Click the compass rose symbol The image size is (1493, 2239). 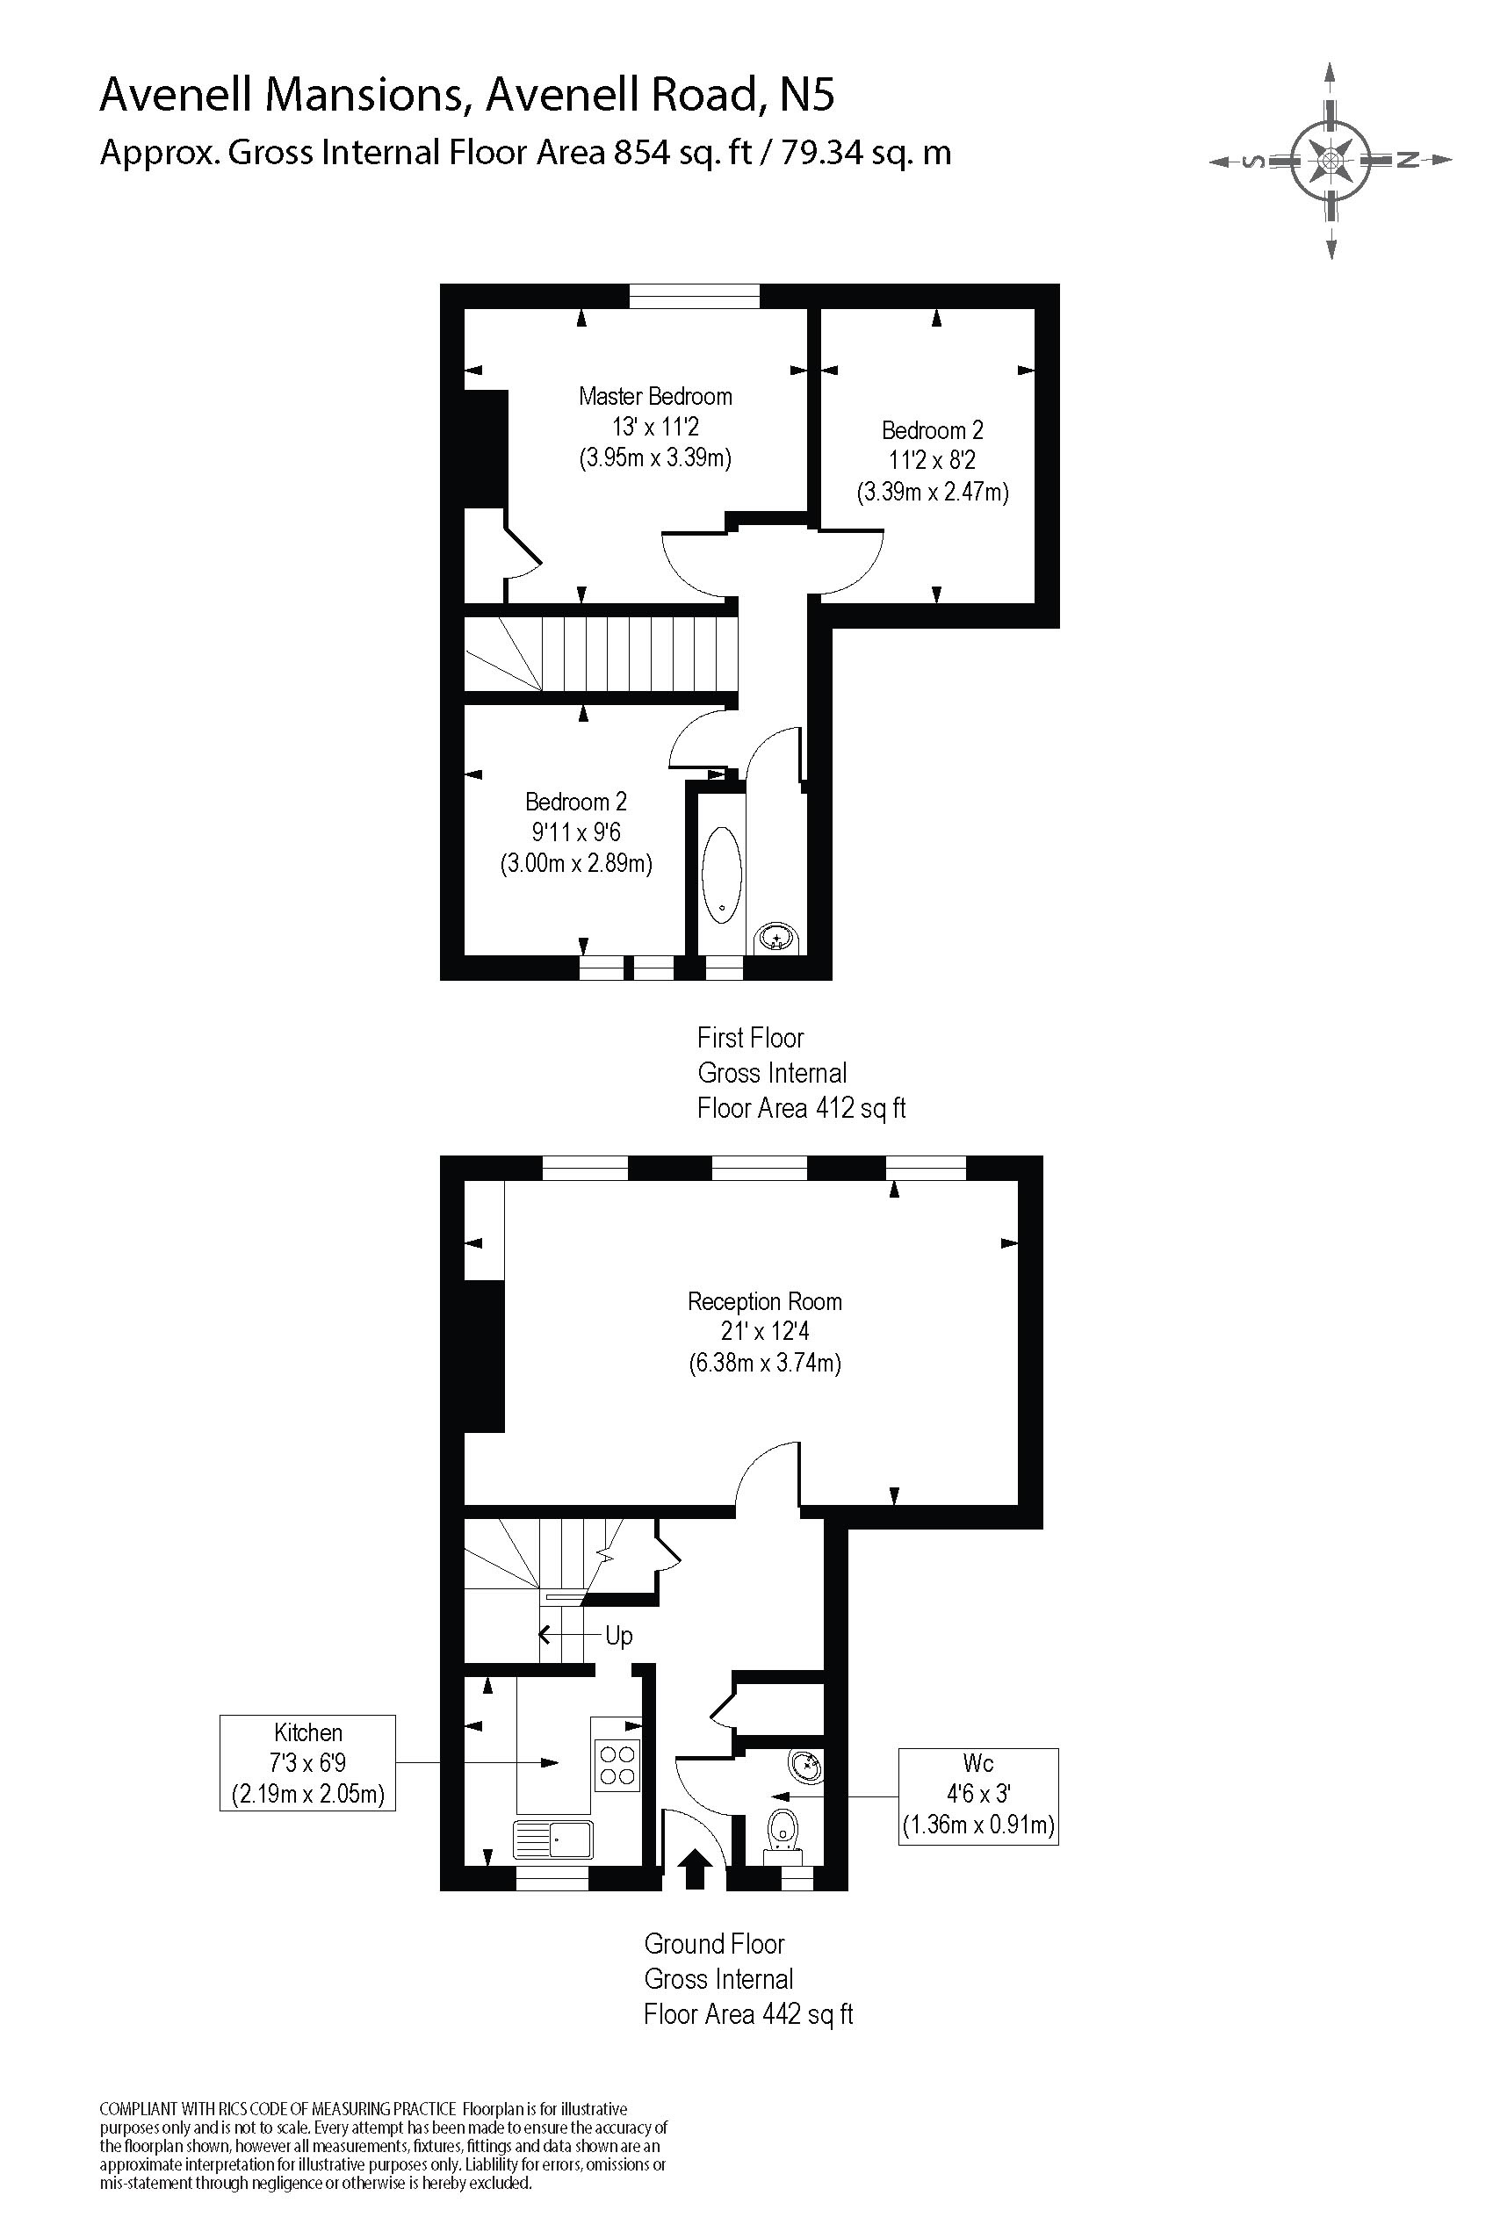pyautogui.click(x=1331, y=160)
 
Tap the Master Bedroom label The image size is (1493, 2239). pyautogui.click(x=655, y=396)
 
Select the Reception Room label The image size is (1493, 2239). pyautogui.click(x=765, y=1301)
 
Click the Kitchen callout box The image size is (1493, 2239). pyautogui.click(x=307, y=1763)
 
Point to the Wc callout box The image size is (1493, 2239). pyautogui.click(x=977, y=1795)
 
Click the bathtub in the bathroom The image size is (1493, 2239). pyautogui.click(x=722, y=874)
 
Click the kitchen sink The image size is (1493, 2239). pyautogui.click(x=553, y=1839)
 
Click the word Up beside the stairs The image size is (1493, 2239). pyautogui.click(x=619, y=1636)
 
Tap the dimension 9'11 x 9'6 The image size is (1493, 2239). pyautogui.click(x=576, y=833)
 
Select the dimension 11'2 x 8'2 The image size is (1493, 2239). pyautogui.click(x=931, y=461)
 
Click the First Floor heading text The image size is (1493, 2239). pyautogui.click(x=750, y=1038)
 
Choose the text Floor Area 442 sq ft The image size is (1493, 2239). pyautogui.click(x=748, y=2014)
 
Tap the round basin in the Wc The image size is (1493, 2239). pyautogui.click(x=804, y=1766)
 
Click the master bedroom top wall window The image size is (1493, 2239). pyautogui.click(x=694, y=296)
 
